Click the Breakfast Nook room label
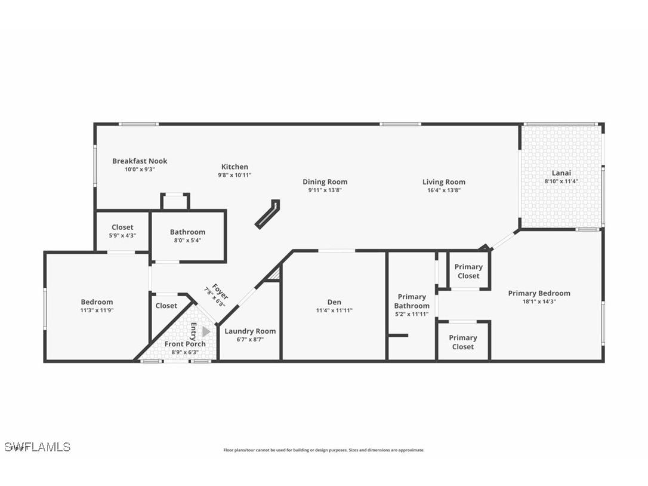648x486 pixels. [x=140, y=161]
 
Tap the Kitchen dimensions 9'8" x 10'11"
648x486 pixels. [x=234, y=175]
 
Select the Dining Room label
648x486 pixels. [x=325, y=182]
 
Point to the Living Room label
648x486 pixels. [x=443, y=182]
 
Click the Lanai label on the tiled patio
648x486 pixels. [x=561, y=173]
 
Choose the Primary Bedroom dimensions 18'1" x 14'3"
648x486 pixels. [x=539, y=302]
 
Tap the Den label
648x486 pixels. [x=334, y=302]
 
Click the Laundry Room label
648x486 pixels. [x=250, y=331]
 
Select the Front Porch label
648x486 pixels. [x=185, y=344]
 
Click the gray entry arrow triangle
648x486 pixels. [x=206, y=331]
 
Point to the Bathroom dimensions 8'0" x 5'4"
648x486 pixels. [x=187, y=241]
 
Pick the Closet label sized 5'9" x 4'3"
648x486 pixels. [x=122, y=227]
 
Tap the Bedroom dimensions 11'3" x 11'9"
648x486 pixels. [x=97, y=310]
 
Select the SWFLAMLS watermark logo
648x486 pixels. [x=38, y=447]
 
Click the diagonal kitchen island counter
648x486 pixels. [x=267, y=214]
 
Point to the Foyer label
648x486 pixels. [x=219, y=292]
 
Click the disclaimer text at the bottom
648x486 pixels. [x=324, y=450]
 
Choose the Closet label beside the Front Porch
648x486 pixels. [x=166, y=306]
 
